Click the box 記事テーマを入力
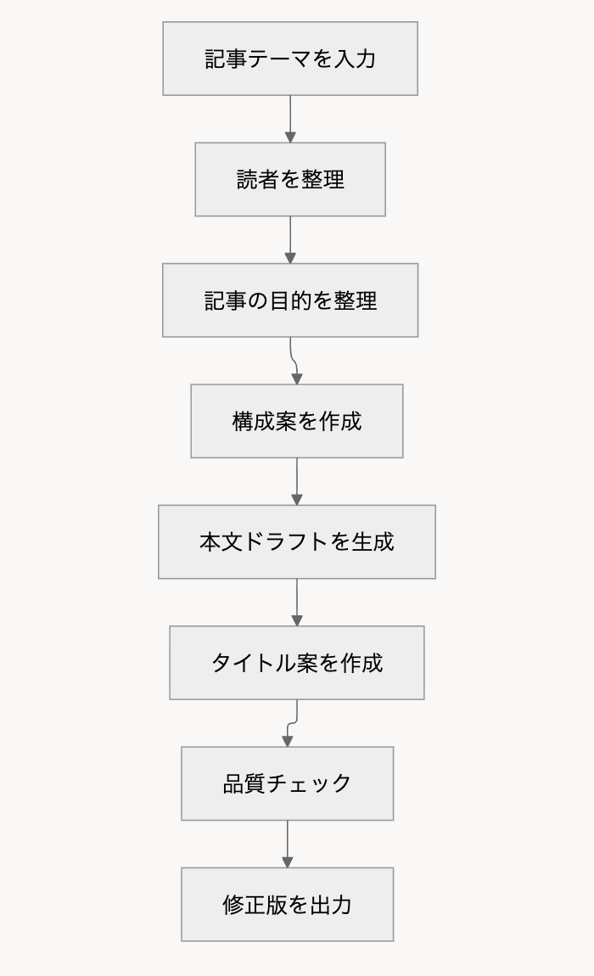tap(290, 59)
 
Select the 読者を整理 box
tap(290, 179)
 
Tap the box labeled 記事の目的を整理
tap(290, 300)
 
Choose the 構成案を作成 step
tap(297, 421)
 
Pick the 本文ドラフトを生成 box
tap(297, 541)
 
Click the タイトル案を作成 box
tap(297, 662)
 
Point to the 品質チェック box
tap(288, 783)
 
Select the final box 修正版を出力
tap(288, 904)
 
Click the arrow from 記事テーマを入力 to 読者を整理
tap(290, 119)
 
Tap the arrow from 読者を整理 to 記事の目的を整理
tap(290, 239)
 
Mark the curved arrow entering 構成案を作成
tap(293, 361)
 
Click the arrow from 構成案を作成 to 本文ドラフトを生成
tap(297, 481)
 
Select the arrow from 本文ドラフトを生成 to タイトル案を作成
tap(297, 602)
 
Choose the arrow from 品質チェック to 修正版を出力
tap(288, 844)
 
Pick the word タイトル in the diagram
tap(254, 662)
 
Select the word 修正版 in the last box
tap(255, 904)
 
